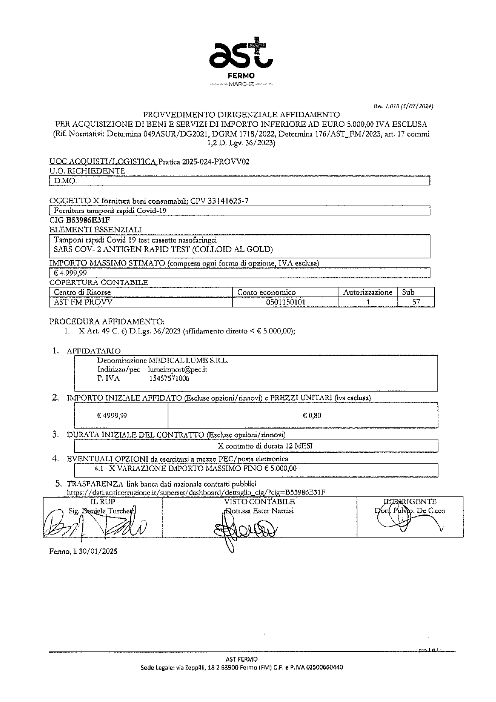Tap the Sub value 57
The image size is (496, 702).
pos(417,302)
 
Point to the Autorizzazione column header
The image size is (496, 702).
pos(368,292)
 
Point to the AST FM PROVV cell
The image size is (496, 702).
pos(83,302)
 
